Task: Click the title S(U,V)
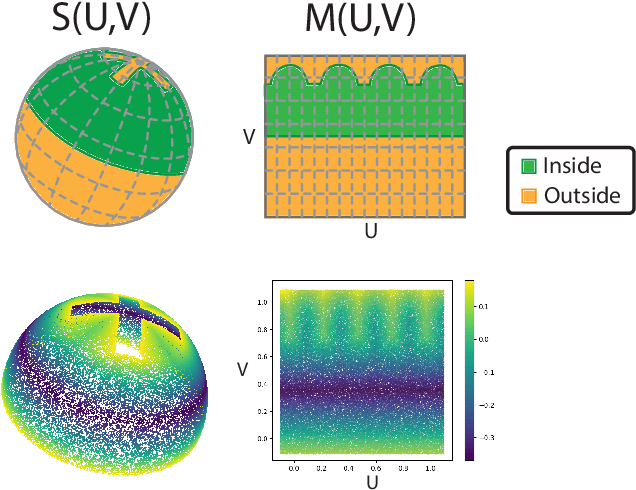tap(102, 20)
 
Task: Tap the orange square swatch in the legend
tap(529, 194)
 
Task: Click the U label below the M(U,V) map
tap(370, 230)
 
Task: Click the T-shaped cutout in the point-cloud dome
tap(127, 325)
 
